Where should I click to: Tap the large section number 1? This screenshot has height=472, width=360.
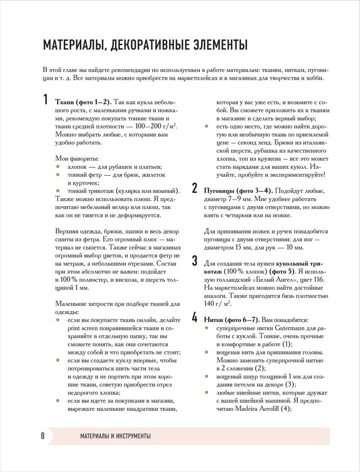click(x=46, y=100)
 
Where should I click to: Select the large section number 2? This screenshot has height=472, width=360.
click(x=195, y=188)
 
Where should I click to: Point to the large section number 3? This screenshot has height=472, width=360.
click(x=195, y=261)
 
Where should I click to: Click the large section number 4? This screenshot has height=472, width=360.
click(x=195, y=318)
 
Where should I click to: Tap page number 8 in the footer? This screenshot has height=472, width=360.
click(x=42, y=436)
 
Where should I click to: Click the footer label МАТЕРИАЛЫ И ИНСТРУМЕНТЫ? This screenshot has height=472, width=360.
click(x=115, y=436)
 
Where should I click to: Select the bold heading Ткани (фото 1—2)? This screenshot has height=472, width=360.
click(x=83, y=102)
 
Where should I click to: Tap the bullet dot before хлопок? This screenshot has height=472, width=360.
click(x=58, y=166)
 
